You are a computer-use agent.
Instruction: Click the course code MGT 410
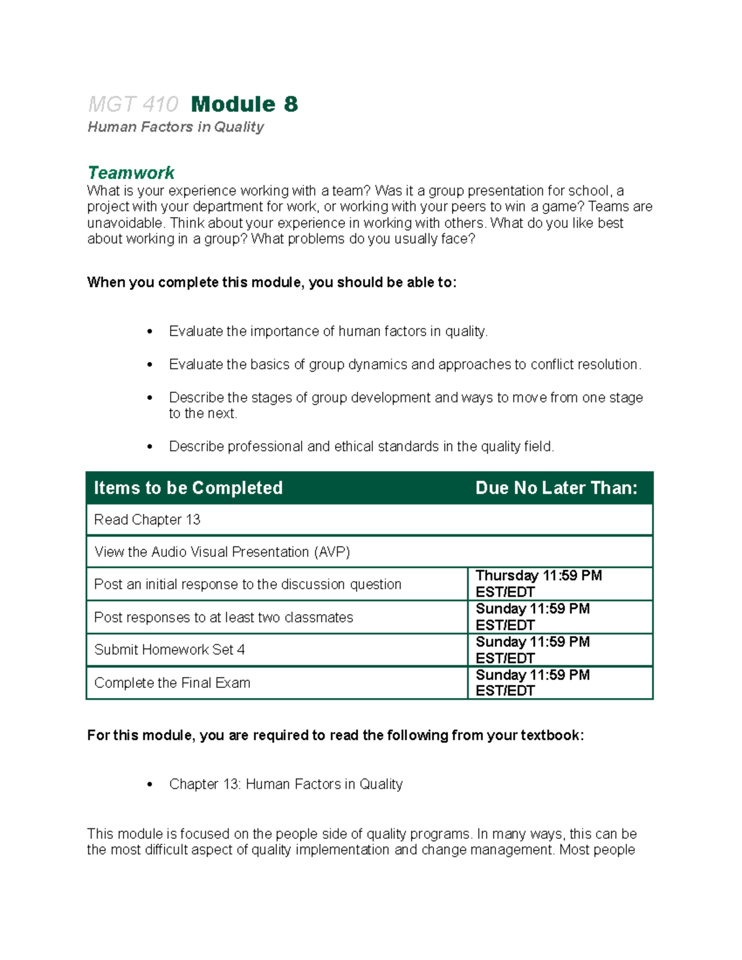click(x=133, y=104)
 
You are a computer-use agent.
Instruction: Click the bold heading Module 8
click(x=244, y=104)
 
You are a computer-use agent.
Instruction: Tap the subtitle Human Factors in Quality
click(x=176, y=127)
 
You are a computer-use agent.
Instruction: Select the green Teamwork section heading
click(x=131, y=172)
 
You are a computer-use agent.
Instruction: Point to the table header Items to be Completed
click(x=188, y=488)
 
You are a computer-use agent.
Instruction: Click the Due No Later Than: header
click(x=556, y=488)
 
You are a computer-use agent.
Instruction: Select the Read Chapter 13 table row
click(x=147, y=520)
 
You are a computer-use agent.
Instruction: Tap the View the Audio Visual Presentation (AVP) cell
click(x=222, y=552)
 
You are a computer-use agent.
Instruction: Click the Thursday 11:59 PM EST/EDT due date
click(x=538, y=584)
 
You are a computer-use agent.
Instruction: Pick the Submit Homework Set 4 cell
click(x=169, y=650)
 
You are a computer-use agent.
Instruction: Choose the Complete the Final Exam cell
click(x=172, y=683)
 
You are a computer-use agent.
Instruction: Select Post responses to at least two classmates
click(x=223, y=618)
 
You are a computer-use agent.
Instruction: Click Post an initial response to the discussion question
click(x=247, y=584)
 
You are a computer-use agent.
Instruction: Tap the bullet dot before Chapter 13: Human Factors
click(x=150, y=785)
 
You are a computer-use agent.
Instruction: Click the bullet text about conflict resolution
click(x=405, y=365)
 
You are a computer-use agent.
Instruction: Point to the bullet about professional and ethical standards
click(x=361, y=446)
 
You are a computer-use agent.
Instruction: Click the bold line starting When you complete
click(x=271, y=282)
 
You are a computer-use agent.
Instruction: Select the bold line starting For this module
click(x=335, y=735)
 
